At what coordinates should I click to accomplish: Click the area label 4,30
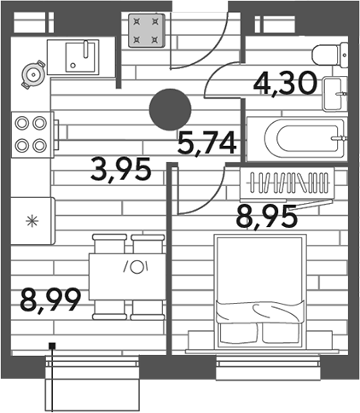pos(285,83)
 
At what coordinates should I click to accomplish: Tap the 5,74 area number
pos(207,143)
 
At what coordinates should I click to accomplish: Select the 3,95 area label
pos(120,170)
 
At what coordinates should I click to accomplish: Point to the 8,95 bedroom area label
pos(267,217)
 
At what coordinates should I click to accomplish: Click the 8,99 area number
pos(50,300)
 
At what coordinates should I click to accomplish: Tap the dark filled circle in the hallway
pos(170,109)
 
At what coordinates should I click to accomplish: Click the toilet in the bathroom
pos(330,55)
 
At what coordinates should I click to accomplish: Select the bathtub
pos(297,139)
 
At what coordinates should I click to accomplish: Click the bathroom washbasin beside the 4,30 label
pos(335,94)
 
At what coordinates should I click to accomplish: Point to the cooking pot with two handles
pos(34,74)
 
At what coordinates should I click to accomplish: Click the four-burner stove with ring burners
pos(32,135)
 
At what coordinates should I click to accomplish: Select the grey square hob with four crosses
pos(147,31)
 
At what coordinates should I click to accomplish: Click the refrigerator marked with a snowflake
pos(33,221)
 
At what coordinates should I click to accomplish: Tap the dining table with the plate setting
pos(127,276)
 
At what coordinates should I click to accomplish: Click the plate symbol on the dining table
pos(137,267)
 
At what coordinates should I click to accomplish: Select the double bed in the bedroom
pos(260,291)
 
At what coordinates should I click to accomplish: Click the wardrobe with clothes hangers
pos(287,183)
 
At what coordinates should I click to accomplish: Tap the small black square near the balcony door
pos(52,346)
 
